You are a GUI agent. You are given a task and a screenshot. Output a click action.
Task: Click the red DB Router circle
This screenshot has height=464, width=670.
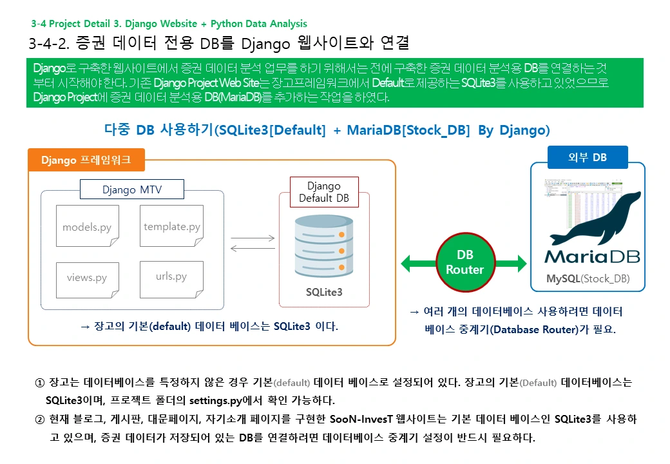[x=464, y=262]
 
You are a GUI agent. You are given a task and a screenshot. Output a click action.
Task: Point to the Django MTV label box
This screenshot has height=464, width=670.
[x=132, y=189]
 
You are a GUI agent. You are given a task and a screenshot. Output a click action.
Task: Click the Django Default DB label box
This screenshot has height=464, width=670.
[x=324, y=192]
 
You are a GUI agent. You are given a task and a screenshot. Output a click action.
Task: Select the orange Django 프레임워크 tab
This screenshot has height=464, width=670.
[x=86, y=160]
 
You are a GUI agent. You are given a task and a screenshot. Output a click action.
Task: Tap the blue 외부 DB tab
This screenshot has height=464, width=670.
[x=588, y=157]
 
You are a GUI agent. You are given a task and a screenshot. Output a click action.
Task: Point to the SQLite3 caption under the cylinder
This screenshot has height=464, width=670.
[x=324, y=292]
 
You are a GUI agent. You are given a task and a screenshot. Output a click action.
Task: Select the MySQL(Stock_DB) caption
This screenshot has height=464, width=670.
[x=588, y=279]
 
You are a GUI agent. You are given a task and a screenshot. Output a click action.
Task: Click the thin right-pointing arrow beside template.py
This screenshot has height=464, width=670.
[x=253, y=238]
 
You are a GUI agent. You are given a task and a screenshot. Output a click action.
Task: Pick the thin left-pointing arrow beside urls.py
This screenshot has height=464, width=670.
[x=253, y=249]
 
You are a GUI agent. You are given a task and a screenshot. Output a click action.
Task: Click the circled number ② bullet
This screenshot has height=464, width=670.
[x=39, y=420]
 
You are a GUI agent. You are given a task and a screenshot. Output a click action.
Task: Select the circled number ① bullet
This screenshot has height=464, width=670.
[x=39, y=382]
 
